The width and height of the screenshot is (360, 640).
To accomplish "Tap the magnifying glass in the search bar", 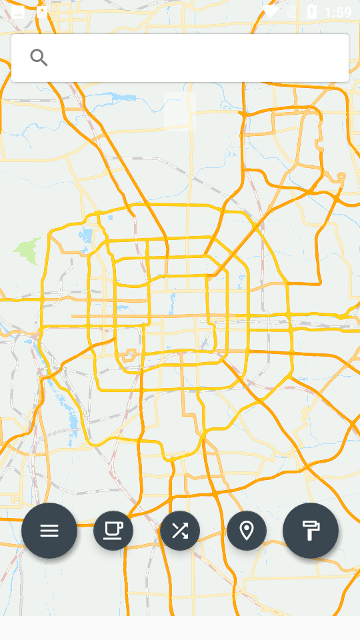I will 39,58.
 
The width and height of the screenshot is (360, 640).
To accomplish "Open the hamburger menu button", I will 49,531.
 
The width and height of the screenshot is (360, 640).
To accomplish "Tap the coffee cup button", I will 113,531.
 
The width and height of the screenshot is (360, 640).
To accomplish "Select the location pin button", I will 247,531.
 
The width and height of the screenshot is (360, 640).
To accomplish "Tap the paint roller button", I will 311,531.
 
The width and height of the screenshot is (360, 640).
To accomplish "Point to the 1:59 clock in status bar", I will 338,12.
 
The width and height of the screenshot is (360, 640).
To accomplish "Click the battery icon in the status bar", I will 311,11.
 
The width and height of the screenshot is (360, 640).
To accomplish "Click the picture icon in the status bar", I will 18,11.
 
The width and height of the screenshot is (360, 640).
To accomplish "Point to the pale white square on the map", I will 179,111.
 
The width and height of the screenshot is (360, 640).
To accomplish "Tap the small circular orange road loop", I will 341,177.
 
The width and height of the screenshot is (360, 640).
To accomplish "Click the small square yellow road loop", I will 129,355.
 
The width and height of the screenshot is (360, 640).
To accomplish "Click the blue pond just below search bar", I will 123,98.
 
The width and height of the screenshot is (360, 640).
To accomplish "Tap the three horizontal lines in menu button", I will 49,531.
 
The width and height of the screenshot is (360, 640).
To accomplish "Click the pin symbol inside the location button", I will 247,531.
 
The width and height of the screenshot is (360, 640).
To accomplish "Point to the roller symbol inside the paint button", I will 311,531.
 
